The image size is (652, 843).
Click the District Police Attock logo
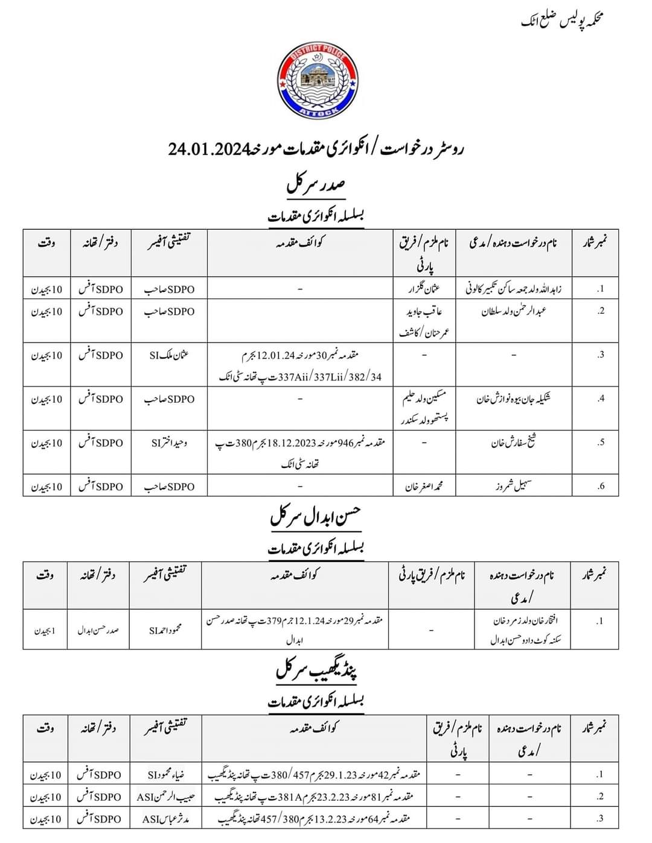coord(316,81)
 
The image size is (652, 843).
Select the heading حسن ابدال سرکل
coord(315,517)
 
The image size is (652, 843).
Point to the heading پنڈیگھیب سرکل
coord(316,670)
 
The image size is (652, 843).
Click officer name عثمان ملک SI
coord(169,355)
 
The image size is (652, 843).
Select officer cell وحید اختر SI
coord(169,443)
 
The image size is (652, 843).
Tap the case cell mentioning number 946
coord(300,452)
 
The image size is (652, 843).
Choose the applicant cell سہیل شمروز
coord(514,487)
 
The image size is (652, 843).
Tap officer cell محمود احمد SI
coord(165,630)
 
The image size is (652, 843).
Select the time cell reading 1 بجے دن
coord(45,631)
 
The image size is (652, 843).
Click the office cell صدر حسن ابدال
coord(98,630)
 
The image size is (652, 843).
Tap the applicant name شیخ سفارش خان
coord(514,443)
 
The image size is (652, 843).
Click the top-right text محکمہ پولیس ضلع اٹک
coord(562,21)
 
